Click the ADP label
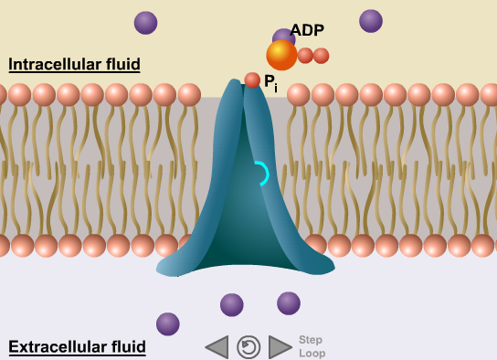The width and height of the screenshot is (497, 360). pyautogui.click(x=307, y=30)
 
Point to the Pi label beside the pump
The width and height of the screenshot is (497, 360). pyautogui.click(x=270, y=83)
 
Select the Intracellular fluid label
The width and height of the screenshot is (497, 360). pyautogui.click(x=74, y=64)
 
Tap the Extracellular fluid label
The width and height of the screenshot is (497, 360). pyautogui.click(x=77, y=347)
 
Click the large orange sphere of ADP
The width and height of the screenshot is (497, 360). pyautogui.click(x=281, y=55)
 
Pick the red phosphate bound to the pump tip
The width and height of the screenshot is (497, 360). pyautogui.click(x=252, y=80)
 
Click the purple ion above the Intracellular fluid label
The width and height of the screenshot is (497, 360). pyautogui.click(x=145, y=23)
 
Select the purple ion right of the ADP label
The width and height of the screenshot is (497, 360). pyautogui.click(x=371, y=21)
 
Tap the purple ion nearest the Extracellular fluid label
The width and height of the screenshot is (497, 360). pyautogui.click(x=168, y=323)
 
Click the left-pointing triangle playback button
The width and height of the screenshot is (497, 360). pyautogui.click(x=217, y=347)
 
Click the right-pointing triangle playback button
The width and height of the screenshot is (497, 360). pyautogui.click(x=280, y=347)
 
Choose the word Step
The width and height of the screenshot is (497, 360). pyautogui.click(x=311, y=340)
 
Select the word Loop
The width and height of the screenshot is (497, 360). pyautogui.click(x=312, y=354)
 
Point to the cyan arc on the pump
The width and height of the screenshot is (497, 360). pyautogui.click(x=261, y=174)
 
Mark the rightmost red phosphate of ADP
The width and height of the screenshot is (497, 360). pyautogui.click(x=321, y=56)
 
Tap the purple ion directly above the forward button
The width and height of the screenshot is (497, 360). pyautogui.click(x=289, y=303)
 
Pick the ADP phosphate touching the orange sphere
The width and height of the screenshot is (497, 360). pyautogui.click(x=305, y=55)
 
